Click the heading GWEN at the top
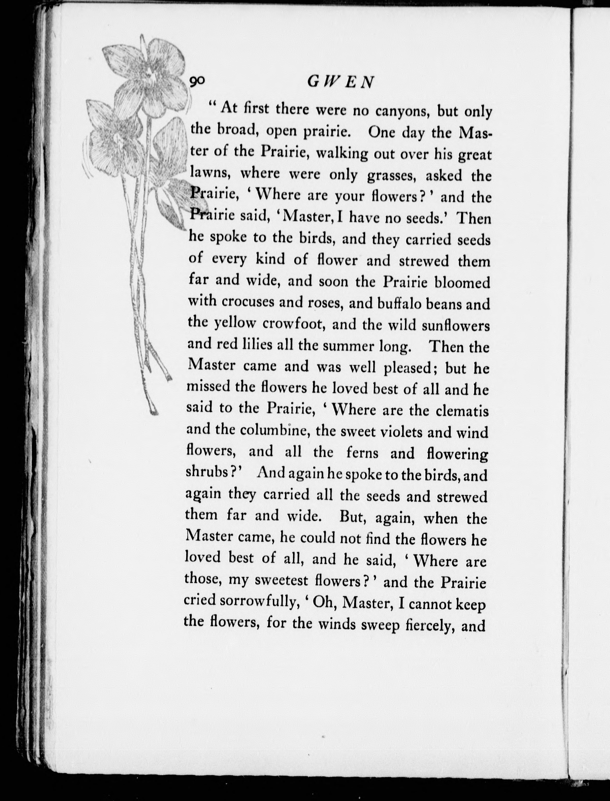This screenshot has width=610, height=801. click(340, 83)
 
